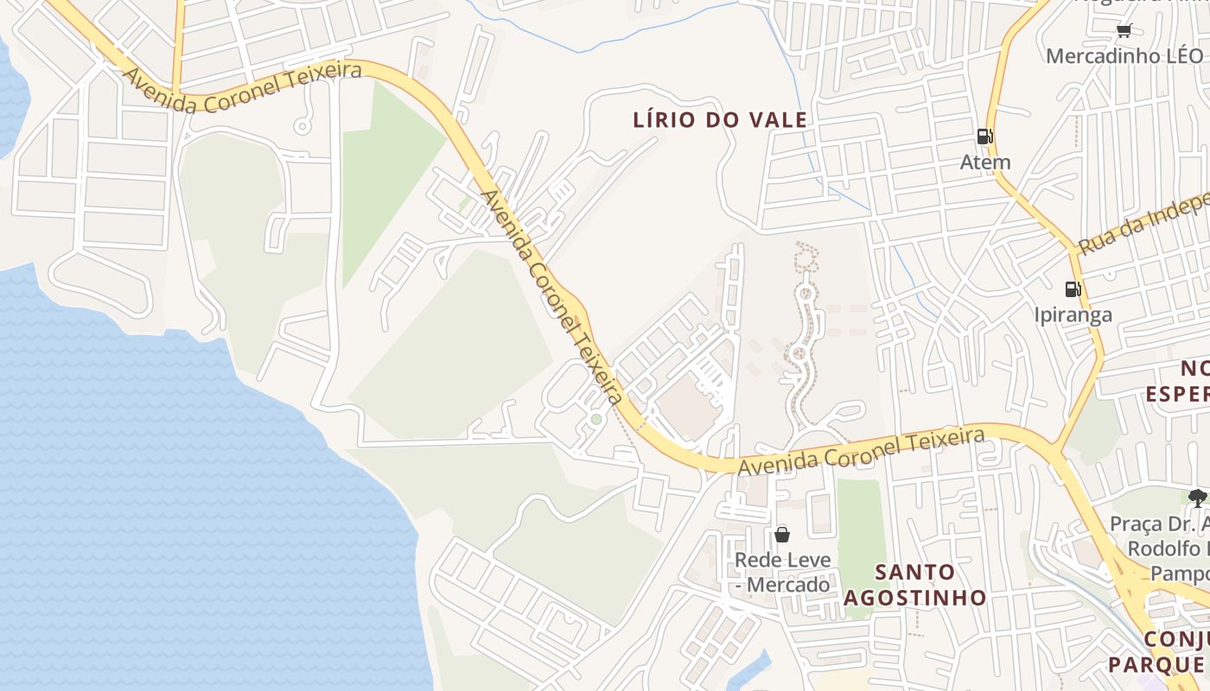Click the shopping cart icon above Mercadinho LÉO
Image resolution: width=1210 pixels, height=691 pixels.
pos(1124,31)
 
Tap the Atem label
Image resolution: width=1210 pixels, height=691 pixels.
pos(985,162)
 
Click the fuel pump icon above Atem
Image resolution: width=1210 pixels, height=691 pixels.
pos(984,136)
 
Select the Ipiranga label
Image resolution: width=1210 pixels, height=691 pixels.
pos(1073,314)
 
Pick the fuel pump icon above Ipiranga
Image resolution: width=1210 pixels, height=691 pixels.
pos(1073,288)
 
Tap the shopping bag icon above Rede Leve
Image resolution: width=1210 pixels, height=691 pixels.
pos(782,535)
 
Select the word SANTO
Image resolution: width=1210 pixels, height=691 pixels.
pos(915,572)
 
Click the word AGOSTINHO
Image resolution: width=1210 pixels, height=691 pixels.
pos(915,597)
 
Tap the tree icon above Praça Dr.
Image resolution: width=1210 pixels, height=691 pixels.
pos(1197,498)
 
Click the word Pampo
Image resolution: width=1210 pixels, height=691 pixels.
pos(1179,574)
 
